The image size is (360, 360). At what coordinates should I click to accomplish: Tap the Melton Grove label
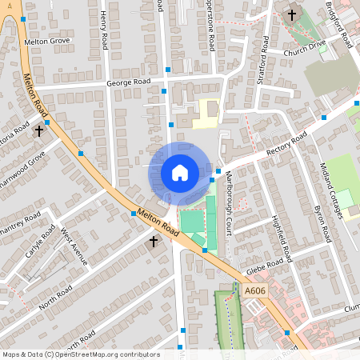click(47, 40)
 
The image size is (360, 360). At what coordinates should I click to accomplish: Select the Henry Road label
click(104, 30)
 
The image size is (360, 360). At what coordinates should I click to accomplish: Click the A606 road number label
click(254, 291)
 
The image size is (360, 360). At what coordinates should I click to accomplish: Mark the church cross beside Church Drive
click(291, 14)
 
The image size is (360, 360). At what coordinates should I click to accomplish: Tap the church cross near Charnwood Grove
click(38, 130)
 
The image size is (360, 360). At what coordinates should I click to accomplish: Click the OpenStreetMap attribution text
click(81, 354)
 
